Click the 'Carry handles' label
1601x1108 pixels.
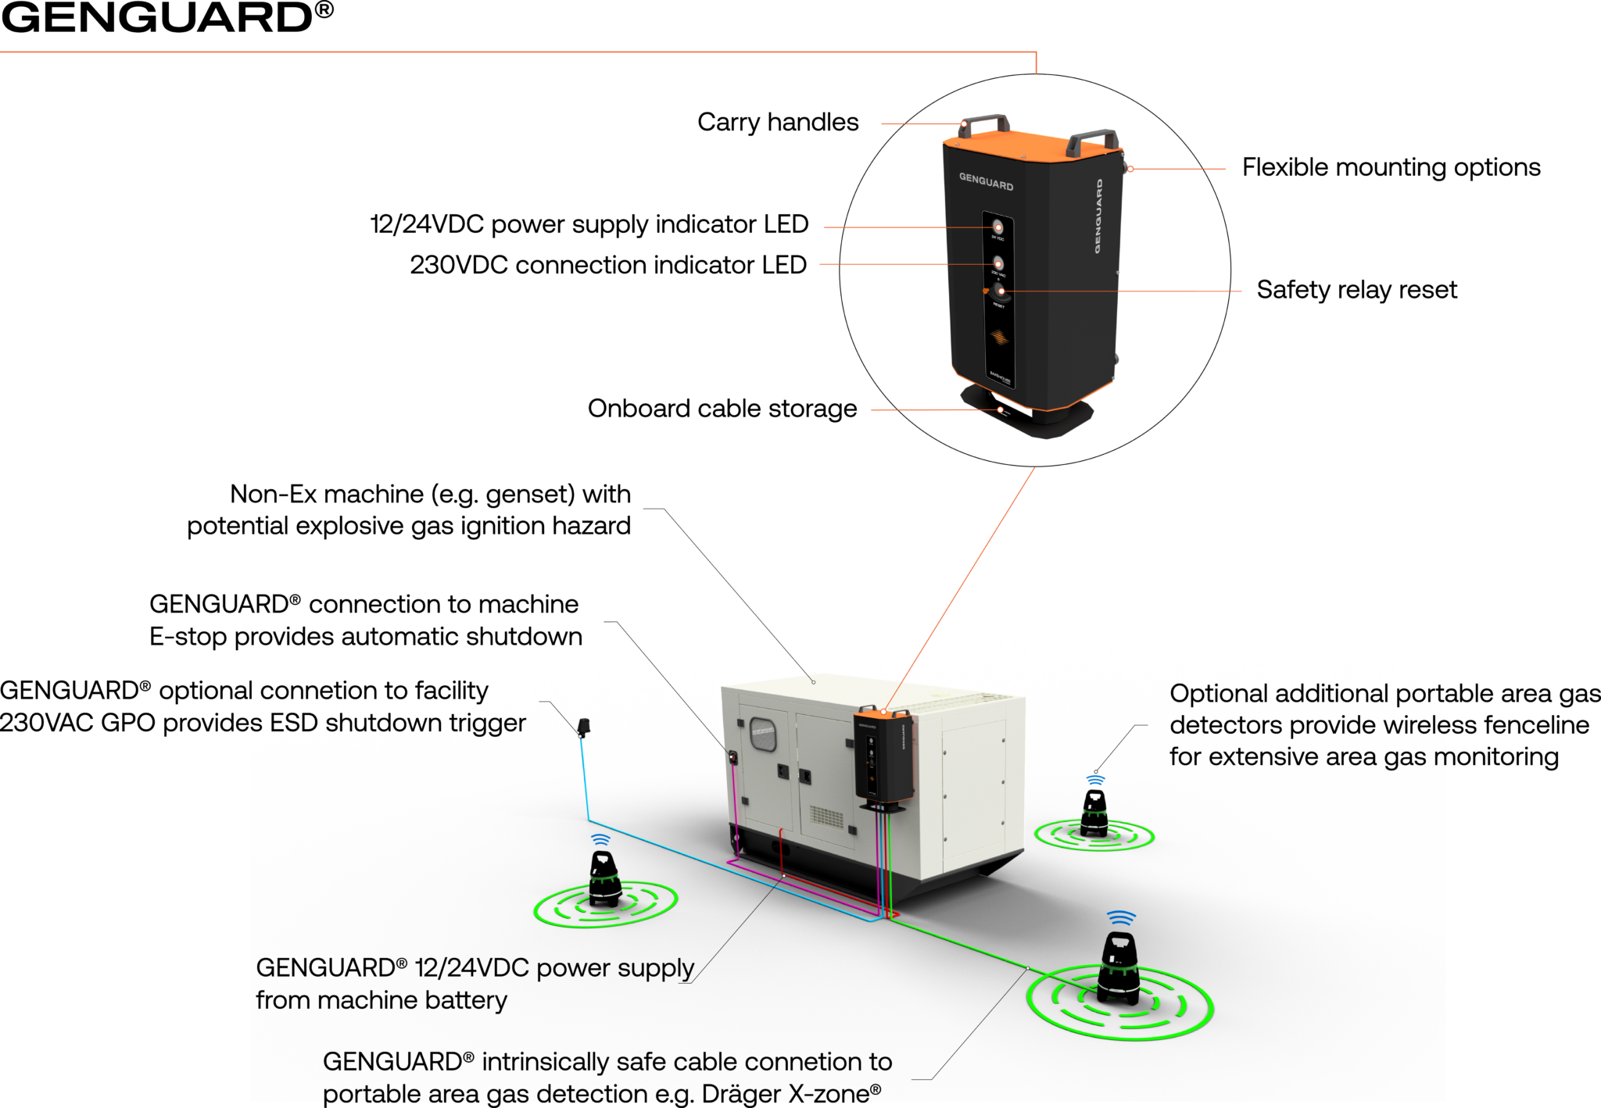[777, 123]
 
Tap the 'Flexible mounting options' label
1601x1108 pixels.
[1391, 167]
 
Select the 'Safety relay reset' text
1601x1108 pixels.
[1356, 290]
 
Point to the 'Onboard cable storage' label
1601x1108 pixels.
[722, 409]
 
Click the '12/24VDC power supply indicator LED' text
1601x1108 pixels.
[589, 224]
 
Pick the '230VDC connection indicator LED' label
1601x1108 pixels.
[607, 265]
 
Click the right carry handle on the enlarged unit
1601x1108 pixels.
[1092, 141]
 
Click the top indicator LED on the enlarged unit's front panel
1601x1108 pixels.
[997, 227]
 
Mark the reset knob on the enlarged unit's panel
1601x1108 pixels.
[1000, 292]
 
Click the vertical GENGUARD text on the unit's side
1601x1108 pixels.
[1098, 216]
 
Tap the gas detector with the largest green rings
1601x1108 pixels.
[1119, 969]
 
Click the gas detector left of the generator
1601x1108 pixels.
[604, 879]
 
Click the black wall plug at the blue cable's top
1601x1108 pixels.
[583, 727]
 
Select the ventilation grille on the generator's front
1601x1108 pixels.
[826, 817]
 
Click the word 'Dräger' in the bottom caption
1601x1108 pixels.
[742, 1093]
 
